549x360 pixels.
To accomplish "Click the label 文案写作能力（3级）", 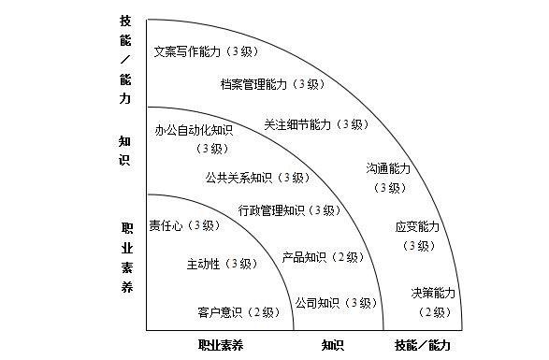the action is [x=207, y=51].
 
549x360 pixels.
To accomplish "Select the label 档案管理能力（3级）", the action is [x=273, y=84].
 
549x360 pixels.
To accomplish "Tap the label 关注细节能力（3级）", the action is [x=316, y=124].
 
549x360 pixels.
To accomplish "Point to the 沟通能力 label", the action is [x=388, y=168].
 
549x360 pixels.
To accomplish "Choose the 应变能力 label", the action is [x=417, y=226].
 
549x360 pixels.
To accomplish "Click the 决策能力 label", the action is [x=433, y=293].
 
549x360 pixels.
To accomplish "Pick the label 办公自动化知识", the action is [x=194, y=130].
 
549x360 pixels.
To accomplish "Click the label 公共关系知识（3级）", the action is [x=258, y=178].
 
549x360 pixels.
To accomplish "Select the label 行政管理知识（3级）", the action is [x=290, y=210].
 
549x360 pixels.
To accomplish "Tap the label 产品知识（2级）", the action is [x=324, y=257].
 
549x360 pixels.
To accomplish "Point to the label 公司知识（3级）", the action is [x=336, y=303].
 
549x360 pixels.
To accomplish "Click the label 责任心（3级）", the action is [x=185, y=225].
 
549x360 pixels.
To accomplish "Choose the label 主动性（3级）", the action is [x=223, y=264].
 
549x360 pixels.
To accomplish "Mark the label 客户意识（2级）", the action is [x=238, y=312].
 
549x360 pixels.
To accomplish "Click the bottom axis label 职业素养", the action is [x=221, y=345].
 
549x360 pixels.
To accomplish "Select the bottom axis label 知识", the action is [x=333, y=345].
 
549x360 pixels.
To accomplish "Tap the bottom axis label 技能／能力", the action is [x=423, y=345].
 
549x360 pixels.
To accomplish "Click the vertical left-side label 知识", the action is [x=124, y=151].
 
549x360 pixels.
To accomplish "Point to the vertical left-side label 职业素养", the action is [x=127, y=257].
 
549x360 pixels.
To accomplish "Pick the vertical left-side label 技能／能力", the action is [x=125, y=60].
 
